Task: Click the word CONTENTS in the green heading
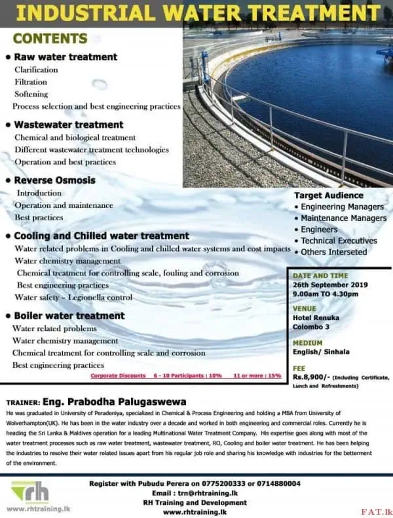coord(50,39)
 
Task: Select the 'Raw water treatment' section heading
coord(65,57)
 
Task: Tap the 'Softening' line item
coord(31,94)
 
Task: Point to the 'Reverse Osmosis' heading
coord(54,180)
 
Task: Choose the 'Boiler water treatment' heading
coord(69,315)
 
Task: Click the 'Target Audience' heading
coord(328,195)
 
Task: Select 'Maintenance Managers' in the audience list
coord(343,218)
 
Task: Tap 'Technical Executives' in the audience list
coord(339,241)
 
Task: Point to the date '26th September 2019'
coord(330,285)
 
